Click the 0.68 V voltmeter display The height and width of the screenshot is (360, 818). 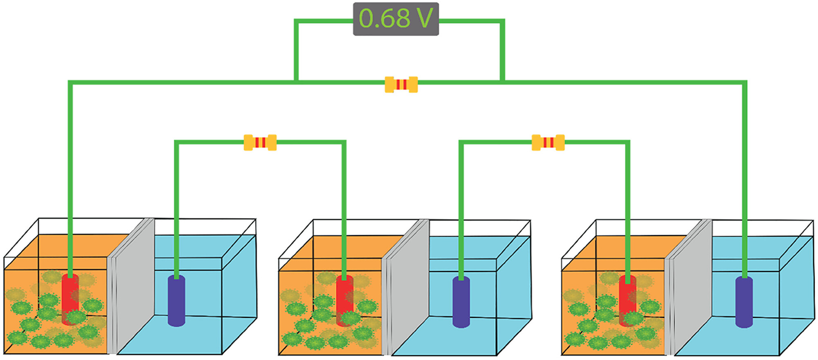click(396, 19)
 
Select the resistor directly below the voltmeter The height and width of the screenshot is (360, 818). click(401, 85)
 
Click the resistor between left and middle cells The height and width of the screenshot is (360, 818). click(260, 142)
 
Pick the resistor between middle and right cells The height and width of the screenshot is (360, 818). click(548, 142)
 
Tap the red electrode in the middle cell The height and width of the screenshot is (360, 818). click(344, 300)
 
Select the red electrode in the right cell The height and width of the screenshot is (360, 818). click(627, 300)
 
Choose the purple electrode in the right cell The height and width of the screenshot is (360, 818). click(744, 302)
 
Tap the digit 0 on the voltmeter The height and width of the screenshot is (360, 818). click(366, 19)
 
